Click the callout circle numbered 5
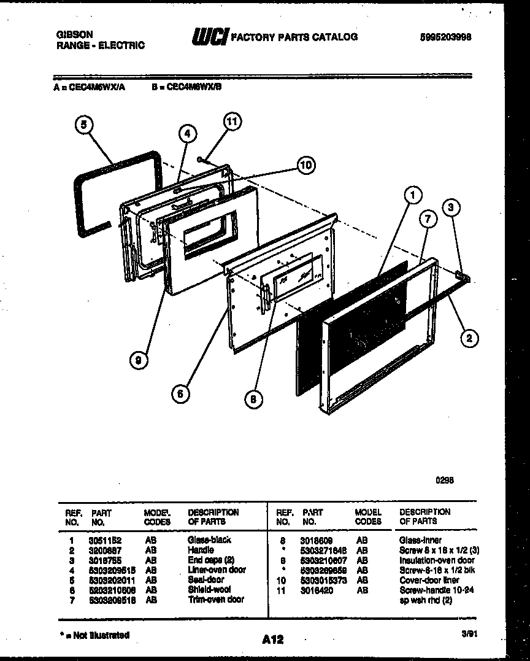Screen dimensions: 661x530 click(x=84, y=125)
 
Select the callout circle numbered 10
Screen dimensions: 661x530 click(x=306, y=164)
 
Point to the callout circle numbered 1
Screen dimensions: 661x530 click(x=413, y=196)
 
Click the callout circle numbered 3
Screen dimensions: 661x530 click(x=451, y=208)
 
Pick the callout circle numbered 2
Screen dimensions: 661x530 click(x=469, y=337)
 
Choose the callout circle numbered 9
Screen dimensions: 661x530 click(x=139, y=361)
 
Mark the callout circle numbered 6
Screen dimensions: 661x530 click(x=180, y=394)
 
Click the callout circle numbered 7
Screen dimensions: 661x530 click(x=428, y=218)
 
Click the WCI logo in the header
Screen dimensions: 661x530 click(x=210, y=37)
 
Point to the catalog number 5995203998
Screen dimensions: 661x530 click(x=445, y=37)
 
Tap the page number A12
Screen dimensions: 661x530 click(x=272, y=640)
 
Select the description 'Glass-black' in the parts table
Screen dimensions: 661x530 click(x=209, y=540)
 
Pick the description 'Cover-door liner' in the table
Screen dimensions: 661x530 click(x=429, y=580)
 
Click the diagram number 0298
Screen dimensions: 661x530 click(x=445, y=481)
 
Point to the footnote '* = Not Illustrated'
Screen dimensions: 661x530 click(x=95, y=635)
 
